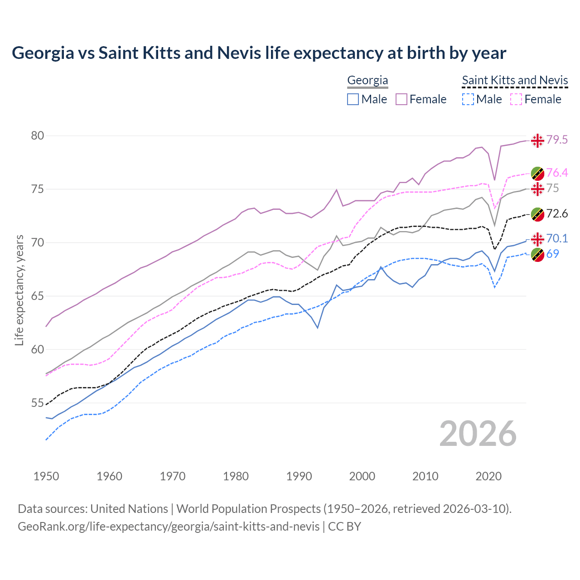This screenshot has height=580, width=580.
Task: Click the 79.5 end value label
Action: tap(556, 140)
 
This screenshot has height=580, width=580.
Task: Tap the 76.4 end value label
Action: tap(556, 173)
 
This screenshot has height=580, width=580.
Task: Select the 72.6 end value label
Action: tap(556, 214)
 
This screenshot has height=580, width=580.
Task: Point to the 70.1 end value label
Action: tap(556, 239)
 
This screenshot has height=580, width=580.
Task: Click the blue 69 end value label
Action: tap(552, 254)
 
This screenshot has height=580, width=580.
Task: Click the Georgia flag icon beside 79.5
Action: tap(537, 140)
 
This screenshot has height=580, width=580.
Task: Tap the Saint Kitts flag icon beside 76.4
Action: tap(537, 174)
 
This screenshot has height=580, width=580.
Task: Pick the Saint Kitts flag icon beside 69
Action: tap(537, 255)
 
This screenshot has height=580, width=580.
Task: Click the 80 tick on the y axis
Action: tap(38, 136)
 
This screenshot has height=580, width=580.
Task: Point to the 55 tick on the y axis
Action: tap(38, 403)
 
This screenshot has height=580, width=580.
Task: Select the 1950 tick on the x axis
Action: tap(46, 476)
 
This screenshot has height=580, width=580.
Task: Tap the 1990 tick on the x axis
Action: tap(299, 476)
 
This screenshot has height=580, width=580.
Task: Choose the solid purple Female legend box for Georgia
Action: tap(401, 99)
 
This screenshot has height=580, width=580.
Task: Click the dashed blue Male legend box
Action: tap(468, 99)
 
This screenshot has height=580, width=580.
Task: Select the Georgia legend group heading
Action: tap(367, 81)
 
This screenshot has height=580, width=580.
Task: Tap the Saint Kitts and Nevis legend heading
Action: tap(515, 81)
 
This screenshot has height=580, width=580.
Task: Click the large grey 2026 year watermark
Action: tap(478, 434)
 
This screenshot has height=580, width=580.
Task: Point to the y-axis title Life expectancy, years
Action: tap(19, 290)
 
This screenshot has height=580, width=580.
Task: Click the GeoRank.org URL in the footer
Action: tap(169, 527)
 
